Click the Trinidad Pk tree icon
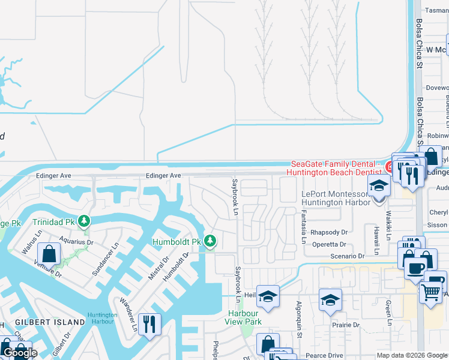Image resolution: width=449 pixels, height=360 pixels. [85, 221]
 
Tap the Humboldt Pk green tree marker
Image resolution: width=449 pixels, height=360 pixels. [209, 241]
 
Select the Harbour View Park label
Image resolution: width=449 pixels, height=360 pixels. [244, 317]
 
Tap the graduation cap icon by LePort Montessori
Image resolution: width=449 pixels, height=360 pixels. [379, 187]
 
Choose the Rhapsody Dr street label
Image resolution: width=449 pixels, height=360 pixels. [329, 232]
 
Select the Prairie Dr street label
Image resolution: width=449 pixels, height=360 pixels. [348, 325]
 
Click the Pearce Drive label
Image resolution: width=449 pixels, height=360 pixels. [324, 356]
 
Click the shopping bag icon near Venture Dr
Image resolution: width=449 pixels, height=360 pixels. [49, 254]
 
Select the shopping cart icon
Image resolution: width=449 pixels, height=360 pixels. [430, 293]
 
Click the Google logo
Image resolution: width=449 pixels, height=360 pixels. [19, 353]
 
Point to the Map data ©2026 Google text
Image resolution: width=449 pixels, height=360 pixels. [412, 356]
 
